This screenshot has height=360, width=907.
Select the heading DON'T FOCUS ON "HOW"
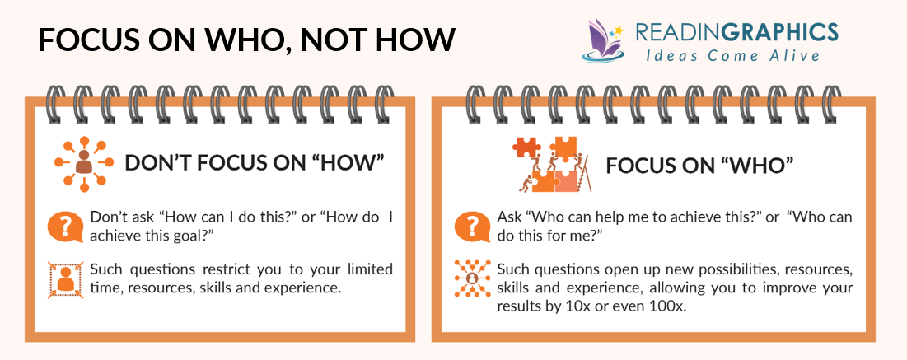click(255, 162)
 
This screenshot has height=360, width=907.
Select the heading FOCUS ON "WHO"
click(699, 165)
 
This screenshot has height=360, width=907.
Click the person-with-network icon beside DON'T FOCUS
click(83, 162)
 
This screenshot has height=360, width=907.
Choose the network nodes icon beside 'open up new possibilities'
click(472, 278)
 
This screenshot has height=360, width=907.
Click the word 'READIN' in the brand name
click(670, 32)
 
